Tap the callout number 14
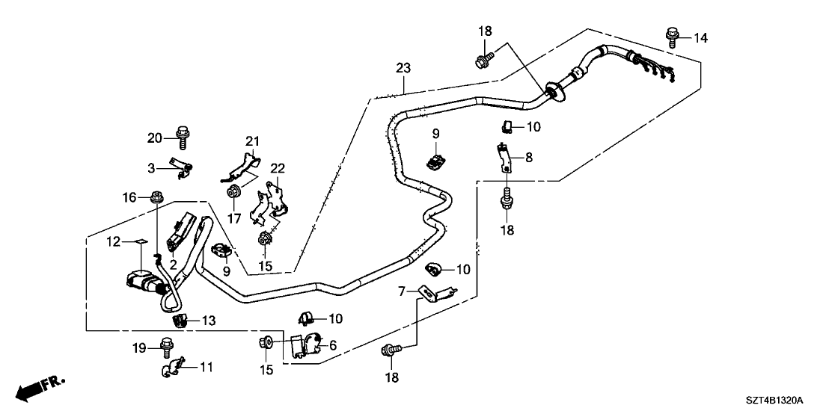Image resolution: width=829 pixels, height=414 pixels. coord(700,37)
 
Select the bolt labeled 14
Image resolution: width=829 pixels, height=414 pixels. coord(671,34)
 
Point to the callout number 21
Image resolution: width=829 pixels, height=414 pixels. coord(251,140)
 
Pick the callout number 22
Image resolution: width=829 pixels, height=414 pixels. coord(278,170)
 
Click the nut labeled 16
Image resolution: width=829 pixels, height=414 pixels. coord(156,198)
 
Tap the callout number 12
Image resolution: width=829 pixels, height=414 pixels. coord(112,241)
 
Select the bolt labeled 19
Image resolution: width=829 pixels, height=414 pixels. coord(165,346)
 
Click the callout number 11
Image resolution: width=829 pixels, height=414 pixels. coord(207,366)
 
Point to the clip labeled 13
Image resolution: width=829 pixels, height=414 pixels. coord(180,321)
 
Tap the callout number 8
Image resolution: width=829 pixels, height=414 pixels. coord(529,158)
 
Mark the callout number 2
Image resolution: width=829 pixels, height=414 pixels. coord(173,263)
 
